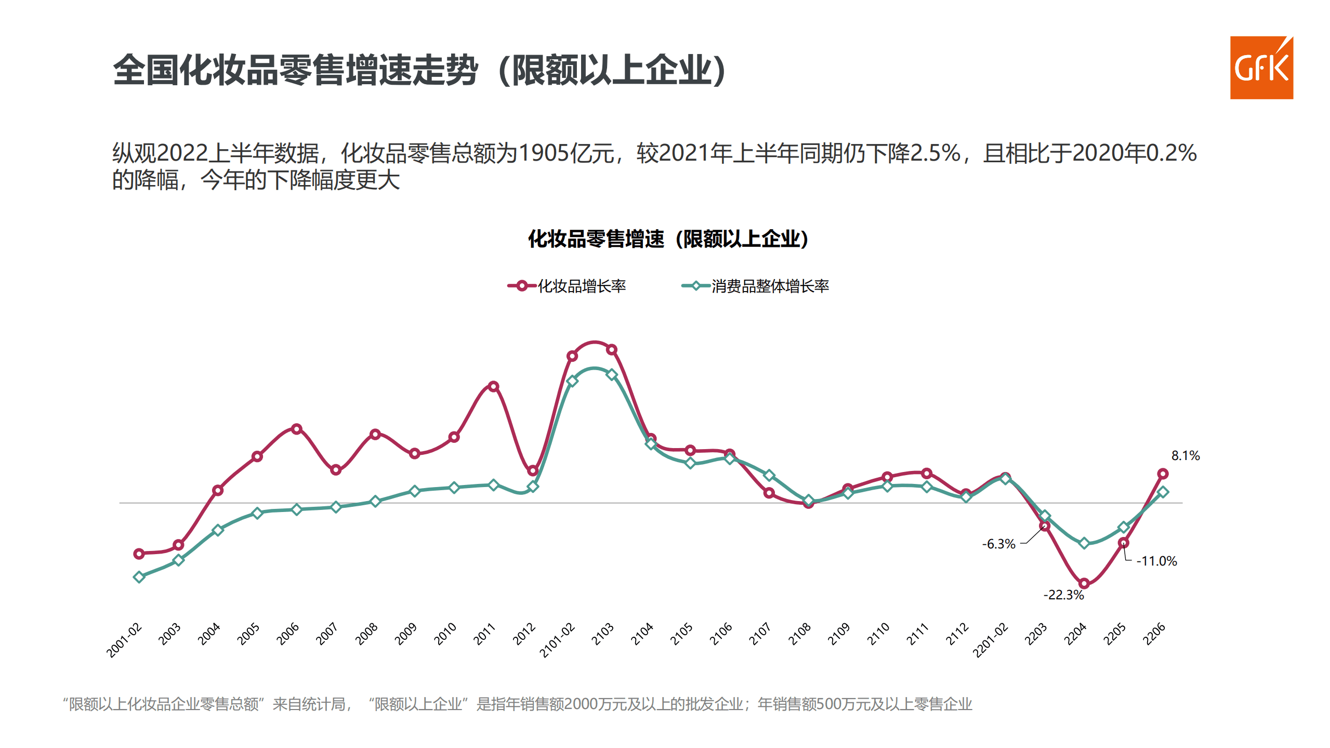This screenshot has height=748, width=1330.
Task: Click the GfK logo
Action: click(1261, 68)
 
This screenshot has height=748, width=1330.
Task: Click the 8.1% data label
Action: click(1185, 456)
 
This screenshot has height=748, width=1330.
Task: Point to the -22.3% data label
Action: click(1063, 595)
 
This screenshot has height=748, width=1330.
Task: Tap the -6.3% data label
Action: click(998, 544)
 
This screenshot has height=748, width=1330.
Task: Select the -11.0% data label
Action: click(1156, 561)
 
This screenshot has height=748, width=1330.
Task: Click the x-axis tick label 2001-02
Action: click(124, 640)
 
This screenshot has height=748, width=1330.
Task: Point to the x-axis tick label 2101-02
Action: click(557, 640)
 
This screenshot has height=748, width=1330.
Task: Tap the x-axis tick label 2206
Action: click(1155, 634)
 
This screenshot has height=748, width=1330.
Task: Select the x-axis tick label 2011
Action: click(485, 634)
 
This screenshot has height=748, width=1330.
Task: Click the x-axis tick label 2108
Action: click(800, 634)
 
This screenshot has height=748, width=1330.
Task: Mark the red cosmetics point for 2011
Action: click(493, 386)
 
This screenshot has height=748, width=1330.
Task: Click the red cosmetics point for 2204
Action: click(1084, 583)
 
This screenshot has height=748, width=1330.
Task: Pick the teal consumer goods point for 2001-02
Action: click(139, 577)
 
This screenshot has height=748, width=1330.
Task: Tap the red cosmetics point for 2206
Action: click(1163, 474)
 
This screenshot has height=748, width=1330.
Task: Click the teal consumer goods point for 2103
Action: click(612, 374)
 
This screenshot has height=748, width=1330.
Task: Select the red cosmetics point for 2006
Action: click(296, 429)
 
